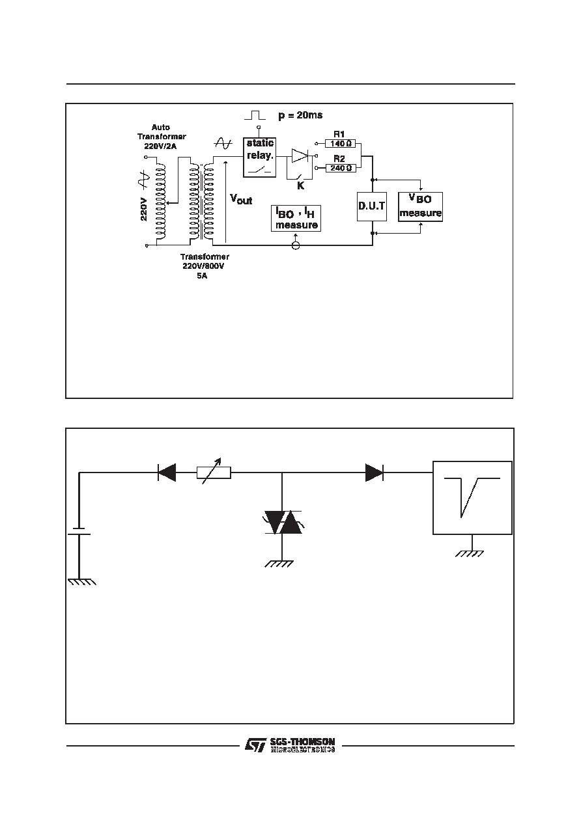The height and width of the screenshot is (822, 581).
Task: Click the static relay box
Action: click(x=259, y=157)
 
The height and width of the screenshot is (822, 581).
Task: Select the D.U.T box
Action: click(x=372, y=206)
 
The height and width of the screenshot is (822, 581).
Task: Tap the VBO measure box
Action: click(x=421, y=206)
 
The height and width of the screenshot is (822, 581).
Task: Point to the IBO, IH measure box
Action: click(x=296, y=218)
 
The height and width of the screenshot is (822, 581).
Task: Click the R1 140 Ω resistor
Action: click(x=341, y=143)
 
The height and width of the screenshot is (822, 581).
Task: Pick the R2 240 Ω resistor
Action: click(x=341, y=168)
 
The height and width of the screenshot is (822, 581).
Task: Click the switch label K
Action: click(x=300, y=185)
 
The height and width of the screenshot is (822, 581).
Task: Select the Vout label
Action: click(x=241, y=199)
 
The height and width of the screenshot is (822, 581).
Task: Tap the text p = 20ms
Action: click(x=300, y=115)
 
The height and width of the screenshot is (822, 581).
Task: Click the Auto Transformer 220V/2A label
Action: click(x=161, y=137)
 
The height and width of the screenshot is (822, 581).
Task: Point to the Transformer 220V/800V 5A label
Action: click(x=204, y=266)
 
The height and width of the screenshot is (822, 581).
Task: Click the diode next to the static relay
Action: click(x=300, y=156)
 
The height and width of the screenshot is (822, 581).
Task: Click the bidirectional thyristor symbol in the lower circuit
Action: click(x=283, y=521)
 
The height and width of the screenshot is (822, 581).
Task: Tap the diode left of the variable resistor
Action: click(x=167, y=473)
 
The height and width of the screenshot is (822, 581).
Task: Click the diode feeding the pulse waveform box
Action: click(x=375, y=473)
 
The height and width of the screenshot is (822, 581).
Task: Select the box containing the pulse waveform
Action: click(x=472, y=498)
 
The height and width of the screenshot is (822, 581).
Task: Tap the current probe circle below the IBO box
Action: click(x=295, y=245)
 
